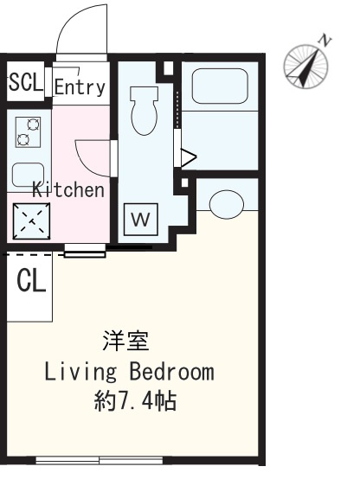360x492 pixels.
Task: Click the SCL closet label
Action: pyautogui.click(x=26, y=82)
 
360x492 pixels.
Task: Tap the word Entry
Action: pyautogui.click(x=80, y=86)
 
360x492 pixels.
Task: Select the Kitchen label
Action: pyautogui.click(x=68, y=189)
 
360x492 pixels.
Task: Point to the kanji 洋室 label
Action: pyautogui.click(x=126, y=341)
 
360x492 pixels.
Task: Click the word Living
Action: pyautogui.click(x=80, y=372)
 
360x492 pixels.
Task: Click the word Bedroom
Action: pyautogui.click(x=172, y=372)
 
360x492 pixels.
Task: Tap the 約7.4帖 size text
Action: pyautogui.click(x=135, y=400)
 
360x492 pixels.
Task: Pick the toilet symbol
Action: pyautogui.click(x=145, y=111)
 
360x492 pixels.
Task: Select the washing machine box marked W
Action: pyautogui.click(x=140, y=220)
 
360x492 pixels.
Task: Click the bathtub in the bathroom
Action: pyautogui.click(x=220, y=86)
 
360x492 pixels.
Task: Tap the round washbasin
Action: pyautogui.click(x=226, y=204)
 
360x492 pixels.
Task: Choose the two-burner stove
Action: pyautogui.click(x=28, y=132)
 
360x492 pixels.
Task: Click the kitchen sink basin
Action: pyautogui.click(x=28, y=175)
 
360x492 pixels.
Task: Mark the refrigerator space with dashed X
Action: pyautogui.click(x=31, y=220)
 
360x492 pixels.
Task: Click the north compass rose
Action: pyautogui.click(x=305, y=67)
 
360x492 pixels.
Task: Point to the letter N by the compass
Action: pyautogui.click(x=325, y=42)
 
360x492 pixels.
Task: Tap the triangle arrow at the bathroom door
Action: pyautogui.click(x=188, y=157)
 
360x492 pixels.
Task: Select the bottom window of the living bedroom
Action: pyautogui.click(x=100, y=460)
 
